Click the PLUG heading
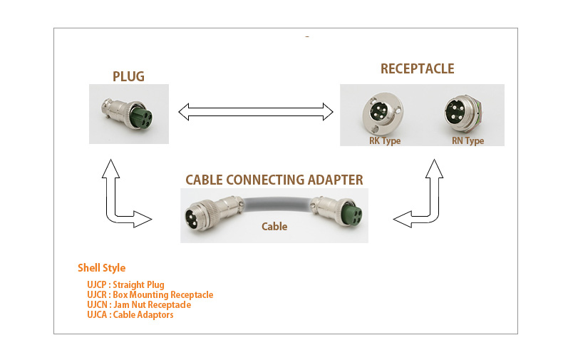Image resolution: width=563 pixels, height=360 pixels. (129, 76)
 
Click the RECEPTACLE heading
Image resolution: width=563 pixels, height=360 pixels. (417, 68)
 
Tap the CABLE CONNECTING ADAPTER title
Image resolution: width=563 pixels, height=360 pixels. (274, 180)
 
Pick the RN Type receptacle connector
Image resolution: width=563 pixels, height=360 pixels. (461, 114)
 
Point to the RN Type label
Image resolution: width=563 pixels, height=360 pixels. (468, 140)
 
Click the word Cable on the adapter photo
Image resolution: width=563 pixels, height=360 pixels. (274, 227)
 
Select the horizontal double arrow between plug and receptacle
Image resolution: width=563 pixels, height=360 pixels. (256, 111)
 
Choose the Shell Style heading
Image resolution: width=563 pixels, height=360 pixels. (101, 268)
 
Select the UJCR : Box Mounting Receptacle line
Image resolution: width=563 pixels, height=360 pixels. (150, 294)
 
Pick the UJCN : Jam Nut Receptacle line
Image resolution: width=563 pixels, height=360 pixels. (139, 304)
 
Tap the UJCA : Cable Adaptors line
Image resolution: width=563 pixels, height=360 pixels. (130, 314)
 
